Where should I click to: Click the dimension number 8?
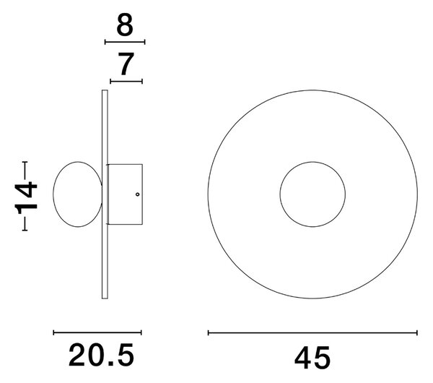(x=125, y=25)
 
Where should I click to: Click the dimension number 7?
(x=126, y=64)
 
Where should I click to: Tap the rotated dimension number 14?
(x=26, y=196)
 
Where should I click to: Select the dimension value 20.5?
(x=101, y=355)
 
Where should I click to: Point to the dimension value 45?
(x=312, y=358)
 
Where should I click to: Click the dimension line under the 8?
(x=125, y=42)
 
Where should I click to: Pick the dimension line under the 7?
(x=126, y=82)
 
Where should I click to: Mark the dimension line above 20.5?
(x=97, y=332)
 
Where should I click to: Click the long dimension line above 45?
(x=312, y=333)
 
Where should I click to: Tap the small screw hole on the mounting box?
(x=138, y=194)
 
